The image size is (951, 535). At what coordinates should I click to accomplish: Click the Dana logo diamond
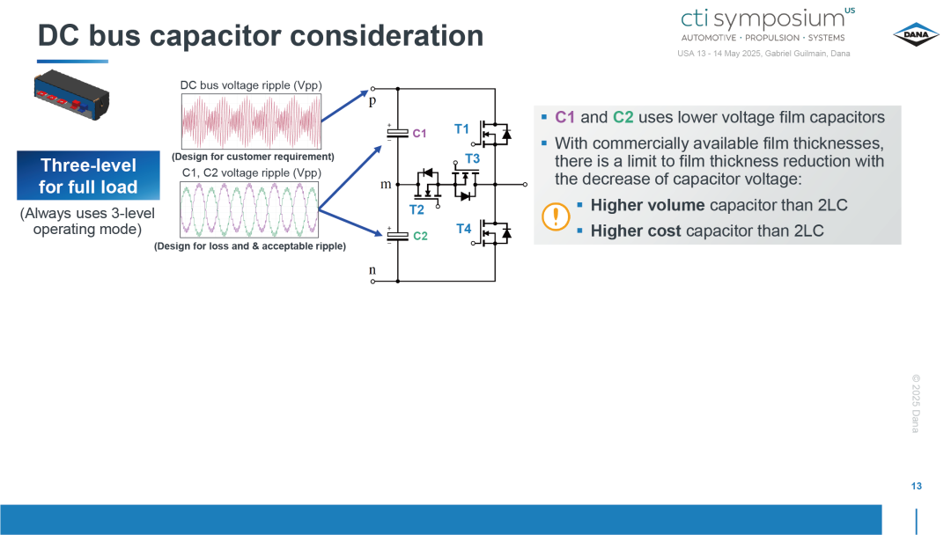[x=916, y=34]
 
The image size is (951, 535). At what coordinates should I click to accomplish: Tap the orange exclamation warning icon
[x=556, y=216]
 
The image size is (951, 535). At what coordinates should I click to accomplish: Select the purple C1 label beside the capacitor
[x=419, y=133]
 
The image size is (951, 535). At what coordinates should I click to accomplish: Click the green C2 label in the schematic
[x=420, y=236]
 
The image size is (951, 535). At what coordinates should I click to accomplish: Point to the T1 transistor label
[x=461, y=129]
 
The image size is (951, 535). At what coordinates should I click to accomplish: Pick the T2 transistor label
[x=417, y=209]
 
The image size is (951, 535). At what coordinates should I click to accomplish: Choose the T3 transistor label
[x=473, y=158]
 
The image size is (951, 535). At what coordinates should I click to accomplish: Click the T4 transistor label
[x=464, y=229]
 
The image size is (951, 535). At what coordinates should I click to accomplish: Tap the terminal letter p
[x=372, y=101]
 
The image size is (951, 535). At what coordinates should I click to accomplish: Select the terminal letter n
[x=372, y=269]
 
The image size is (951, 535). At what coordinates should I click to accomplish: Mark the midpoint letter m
[x=386, y=184]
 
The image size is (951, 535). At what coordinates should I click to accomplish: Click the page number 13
[x=917, y=486]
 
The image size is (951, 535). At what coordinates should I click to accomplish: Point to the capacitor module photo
[x=71, y=95]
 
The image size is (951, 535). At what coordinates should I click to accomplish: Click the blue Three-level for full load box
[x=89, y=176]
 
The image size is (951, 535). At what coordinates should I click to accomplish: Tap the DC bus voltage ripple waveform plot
[x=251, y=121]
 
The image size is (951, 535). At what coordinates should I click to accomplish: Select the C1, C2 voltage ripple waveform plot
[x=249, y=209]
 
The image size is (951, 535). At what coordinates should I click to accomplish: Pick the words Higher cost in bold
[x=636, y=231]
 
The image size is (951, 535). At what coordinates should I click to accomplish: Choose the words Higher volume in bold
[x=648, y=205]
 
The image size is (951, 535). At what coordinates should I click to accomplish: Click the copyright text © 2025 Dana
[x=916, y=404]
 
